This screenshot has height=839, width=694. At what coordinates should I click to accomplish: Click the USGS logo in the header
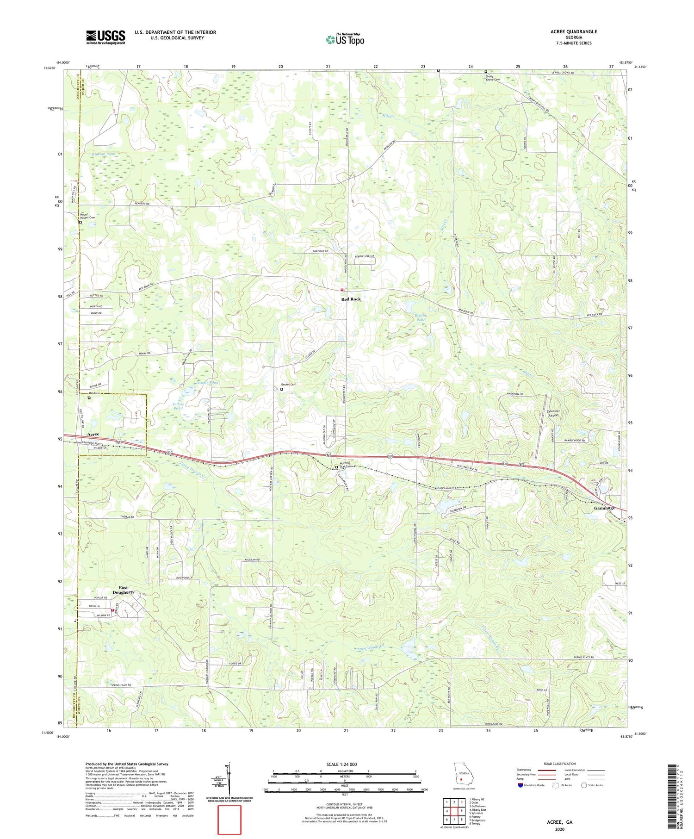(105, 37)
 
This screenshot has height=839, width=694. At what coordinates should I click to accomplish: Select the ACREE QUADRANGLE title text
(574, 31)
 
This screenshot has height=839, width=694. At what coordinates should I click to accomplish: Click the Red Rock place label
(351, 299)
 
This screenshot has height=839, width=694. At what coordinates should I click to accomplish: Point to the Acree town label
(93, 434)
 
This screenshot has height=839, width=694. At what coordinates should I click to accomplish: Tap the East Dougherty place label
(123, 590)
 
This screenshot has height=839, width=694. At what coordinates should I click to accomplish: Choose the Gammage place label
(604, 508)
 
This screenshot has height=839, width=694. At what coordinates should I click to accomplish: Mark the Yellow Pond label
(178, 406)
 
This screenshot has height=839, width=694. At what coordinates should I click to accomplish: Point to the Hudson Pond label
(100, 154)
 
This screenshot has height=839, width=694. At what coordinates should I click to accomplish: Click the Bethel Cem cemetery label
(288, 385)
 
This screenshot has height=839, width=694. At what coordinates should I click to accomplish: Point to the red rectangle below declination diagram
(229, 820)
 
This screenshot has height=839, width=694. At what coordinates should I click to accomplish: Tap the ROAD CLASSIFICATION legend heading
(560, 764)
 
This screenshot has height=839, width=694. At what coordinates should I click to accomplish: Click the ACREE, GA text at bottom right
(559, 822)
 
